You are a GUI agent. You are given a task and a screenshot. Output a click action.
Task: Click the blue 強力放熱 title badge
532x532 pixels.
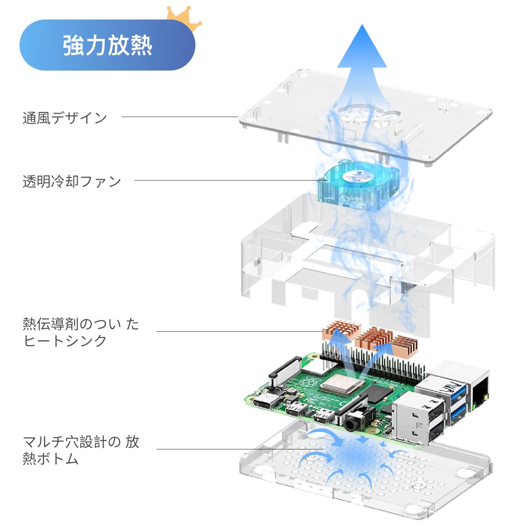pos(107,45)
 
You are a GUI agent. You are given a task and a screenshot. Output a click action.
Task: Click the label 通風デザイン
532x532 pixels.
pos(65,118)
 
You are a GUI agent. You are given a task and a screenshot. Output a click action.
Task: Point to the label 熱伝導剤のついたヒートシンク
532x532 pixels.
pos(81,332)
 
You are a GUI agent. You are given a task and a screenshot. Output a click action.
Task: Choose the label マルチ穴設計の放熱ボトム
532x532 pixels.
pos(81,450)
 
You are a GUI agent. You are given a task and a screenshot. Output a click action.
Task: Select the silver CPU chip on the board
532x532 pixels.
pos(343,384)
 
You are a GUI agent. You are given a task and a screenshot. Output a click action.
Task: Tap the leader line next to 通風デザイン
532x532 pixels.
pos(179,117)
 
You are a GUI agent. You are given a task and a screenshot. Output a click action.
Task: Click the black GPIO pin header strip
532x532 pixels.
pos(372,364)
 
